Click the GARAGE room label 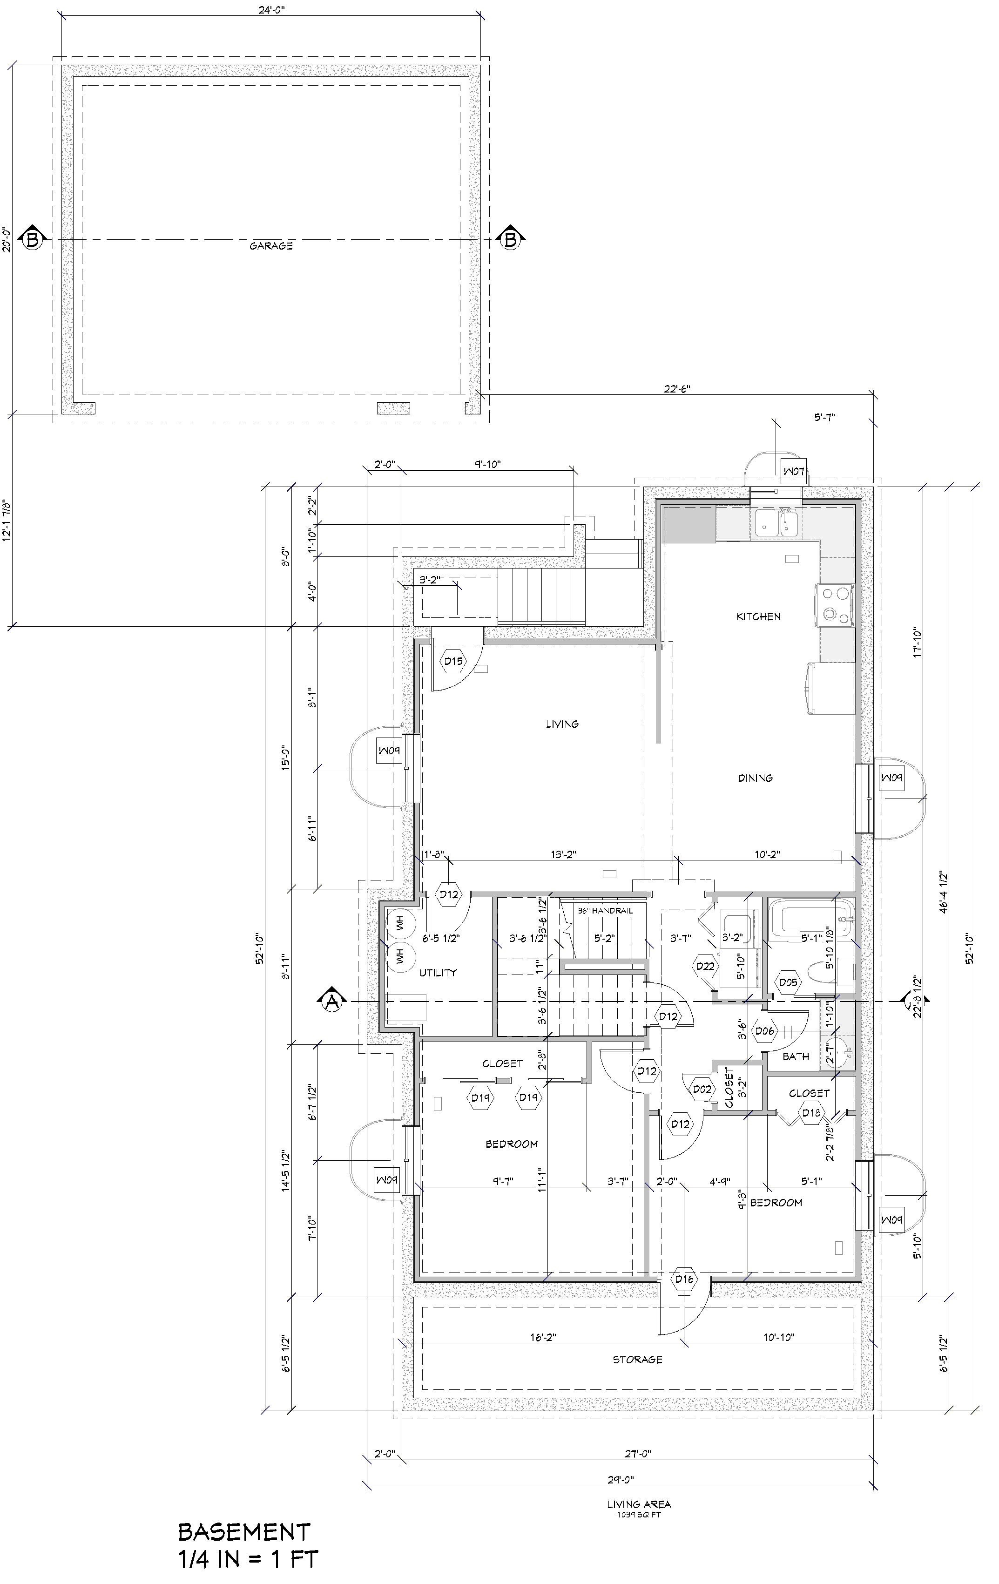click(x=271, y=246)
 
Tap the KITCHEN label click(x=758, y=616)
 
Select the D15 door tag click(x=453, y=661)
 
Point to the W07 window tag click(x=794, y=471)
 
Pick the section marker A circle click(x=332, y=1001)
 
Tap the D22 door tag click(x=705, y=966)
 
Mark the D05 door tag click(x=788, y=983)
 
